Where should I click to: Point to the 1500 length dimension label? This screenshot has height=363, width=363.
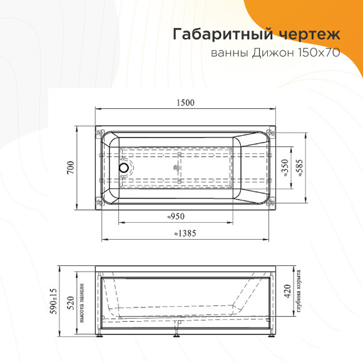pos(186,103)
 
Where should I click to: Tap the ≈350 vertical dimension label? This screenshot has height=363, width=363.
pos(285,168)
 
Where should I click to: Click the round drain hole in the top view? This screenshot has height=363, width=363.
pos(123,168)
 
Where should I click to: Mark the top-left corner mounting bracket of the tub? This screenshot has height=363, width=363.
pos(100,133)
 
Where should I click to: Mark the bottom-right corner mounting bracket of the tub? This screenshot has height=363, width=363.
pos(270,202)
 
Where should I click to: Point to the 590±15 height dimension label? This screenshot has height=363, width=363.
pos(54,302)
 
